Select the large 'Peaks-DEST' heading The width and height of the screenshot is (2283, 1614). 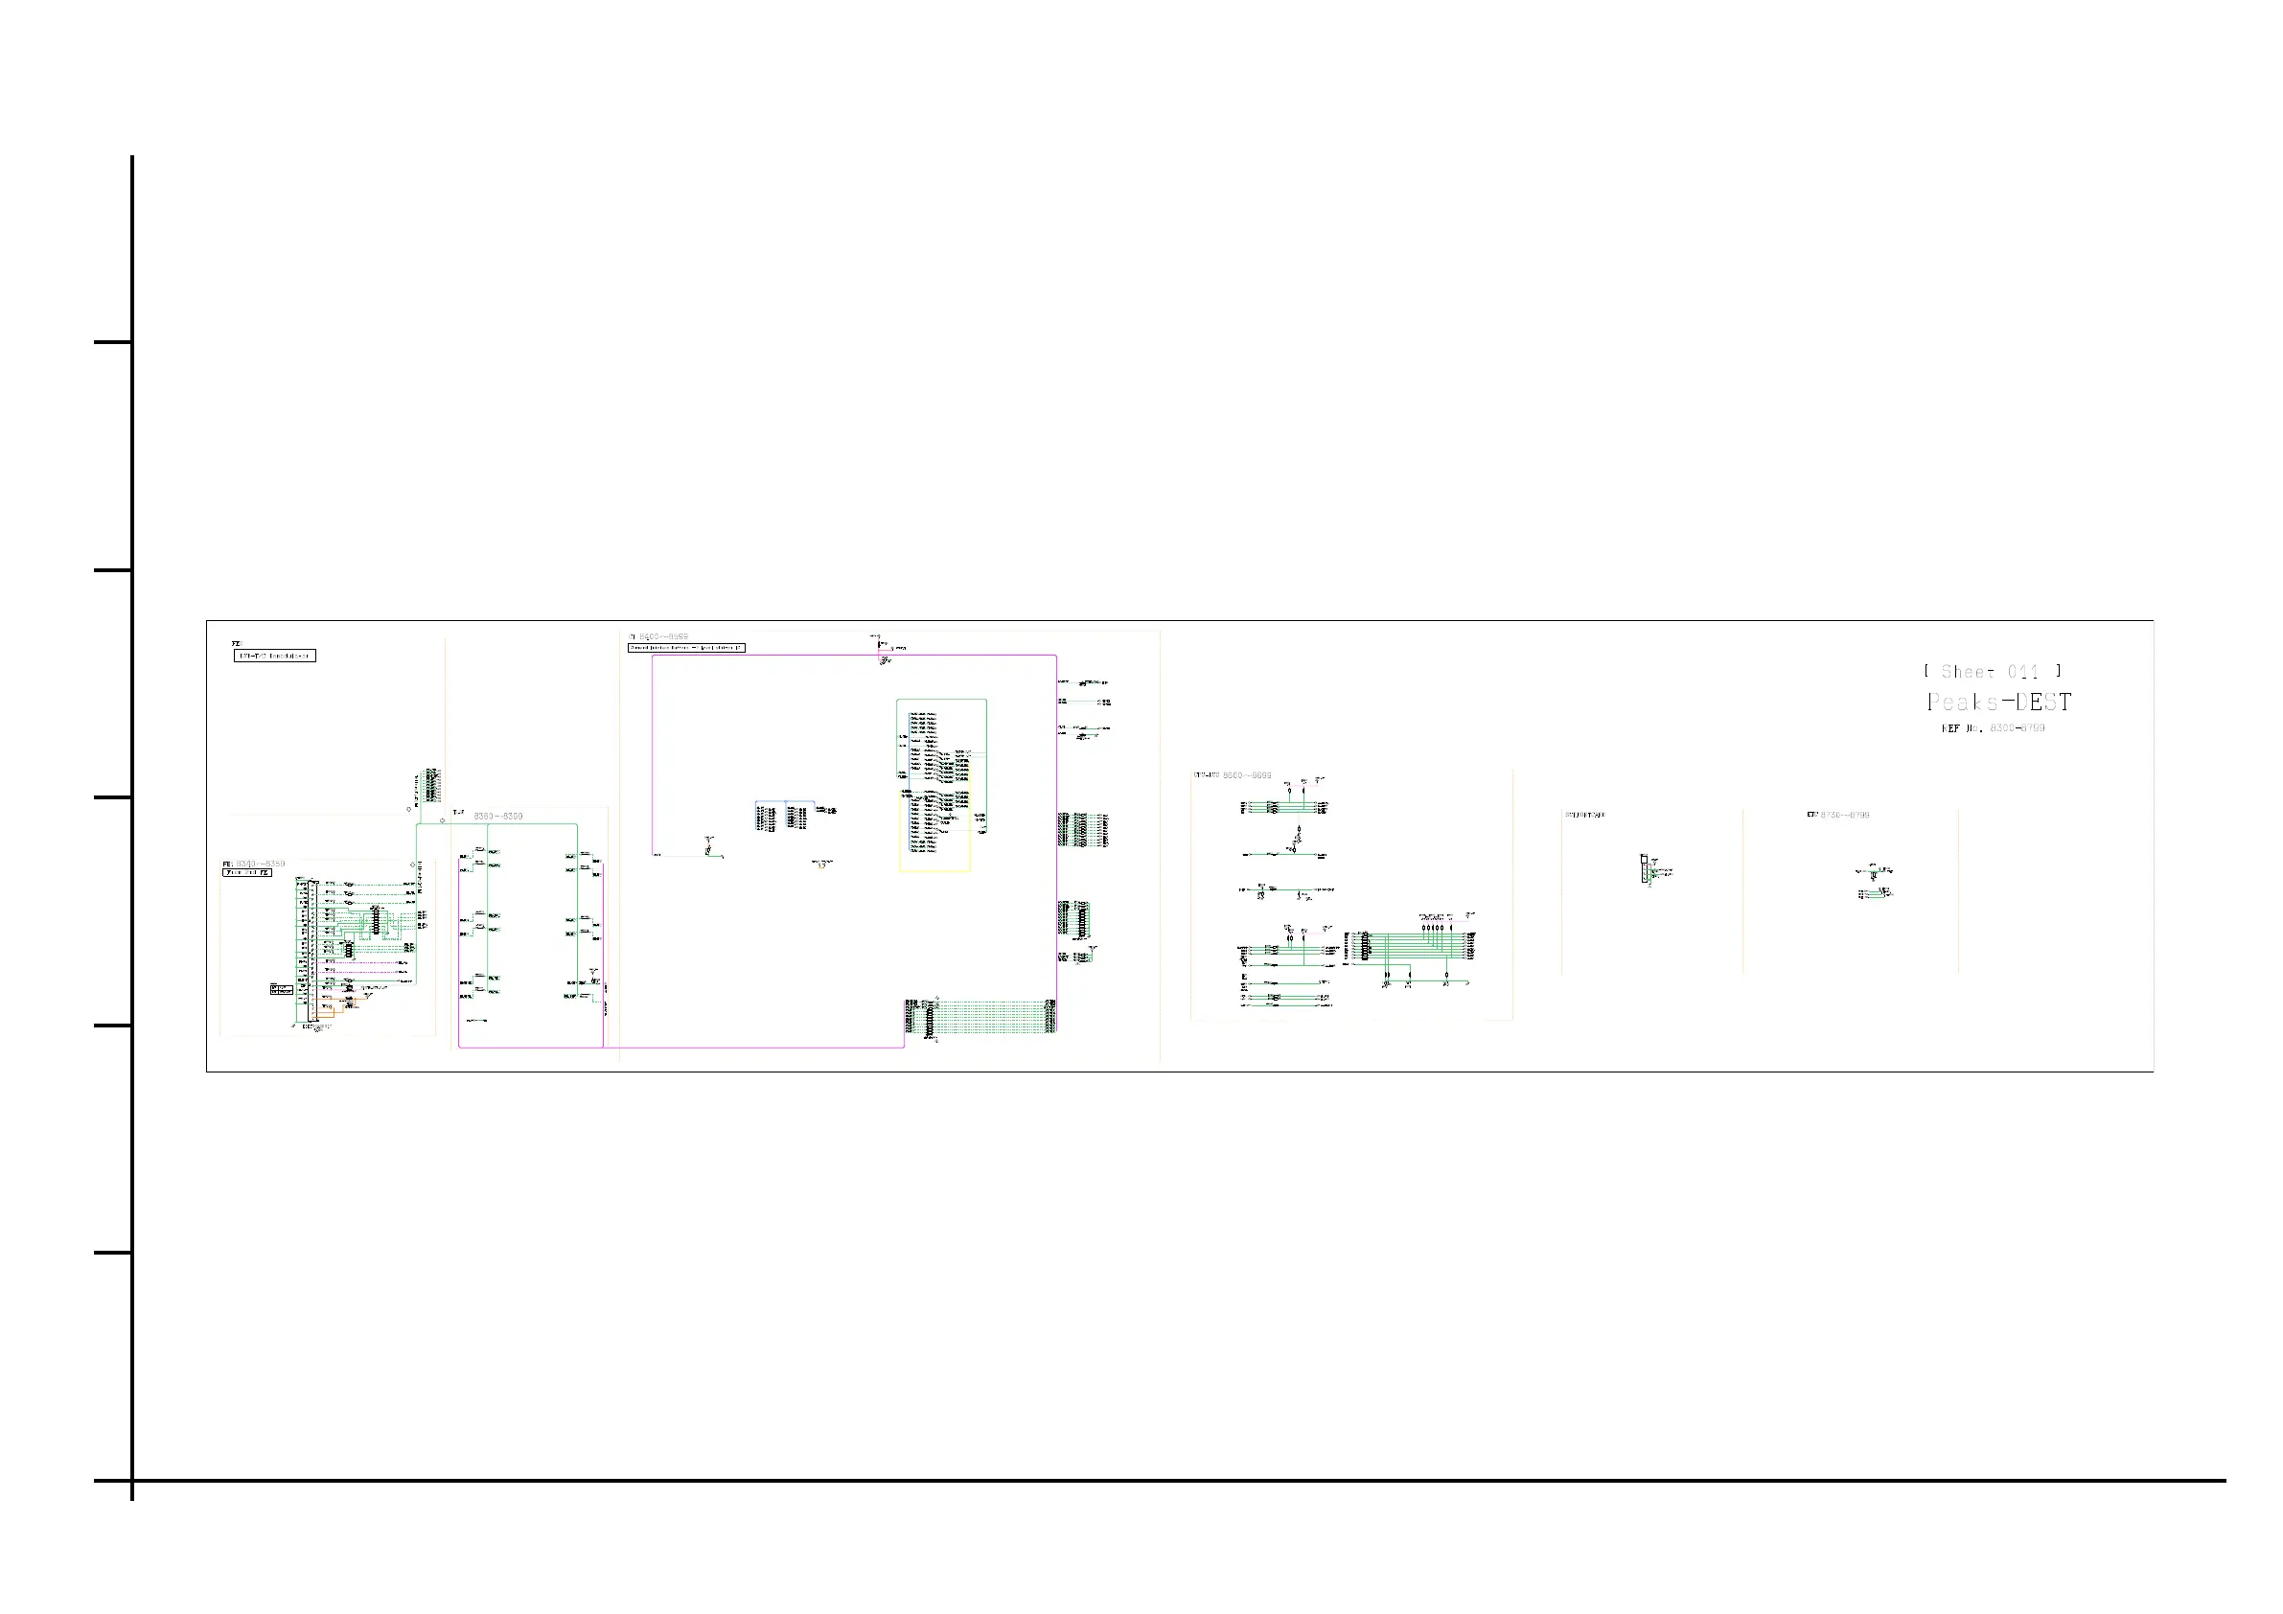pyautogui.click(x=1998, y=703)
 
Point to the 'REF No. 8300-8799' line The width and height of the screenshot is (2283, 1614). pyautogui.click(x=1993, y=728)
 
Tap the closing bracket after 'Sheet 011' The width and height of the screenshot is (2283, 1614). pyautogui.click(x=2059, y=671)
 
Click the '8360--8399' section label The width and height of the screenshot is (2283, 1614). pyautogui.click(x=497, y=816)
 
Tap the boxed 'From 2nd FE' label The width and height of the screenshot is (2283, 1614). pyautogui.click(x=246, y=873)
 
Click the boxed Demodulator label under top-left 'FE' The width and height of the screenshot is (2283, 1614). pyautogui.click(x=274, y=656)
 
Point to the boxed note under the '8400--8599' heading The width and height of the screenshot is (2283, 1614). pyautogui.click(x=686, y=647)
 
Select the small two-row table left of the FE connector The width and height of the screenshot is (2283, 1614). pyautogui.click(x=282, y=989)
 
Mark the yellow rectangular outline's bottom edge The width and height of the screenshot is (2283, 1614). pyautogui.click(x=934, y=871)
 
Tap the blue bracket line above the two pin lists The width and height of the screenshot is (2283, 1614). pyautogui.click(x=785, y=801)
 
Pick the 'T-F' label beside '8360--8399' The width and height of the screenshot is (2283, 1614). pyautogui.click(x=458, y=813)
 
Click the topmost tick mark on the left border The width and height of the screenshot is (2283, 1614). pyautogui.click(x=112, y=342)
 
